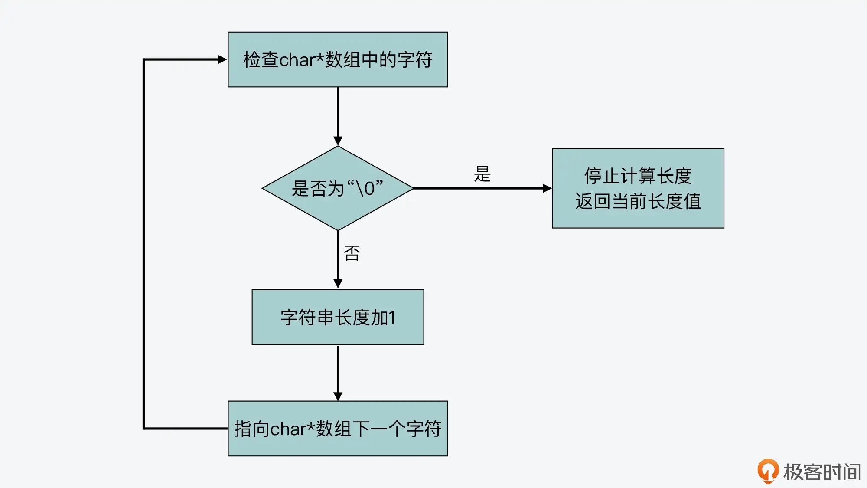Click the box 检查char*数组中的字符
coord(338,59)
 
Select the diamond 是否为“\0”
coord(338,188)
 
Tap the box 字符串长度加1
coord(338,317)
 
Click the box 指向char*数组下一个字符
coord(338,429)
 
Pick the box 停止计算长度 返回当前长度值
coord(638,188)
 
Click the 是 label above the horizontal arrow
coord(482,174)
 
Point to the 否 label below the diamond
coord(352,253)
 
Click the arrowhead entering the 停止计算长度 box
coord(547,188)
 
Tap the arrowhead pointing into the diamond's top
coord(338,141)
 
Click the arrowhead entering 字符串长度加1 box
coord(338,284)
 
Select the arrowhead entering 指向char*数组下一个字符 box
coord(338,396)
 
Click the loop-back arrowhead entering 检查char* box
coord(222,59)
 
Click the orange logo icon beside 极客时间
coord(768,471)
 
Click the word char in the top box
coord(297,60)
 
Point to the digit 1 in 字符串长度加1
coord(392,318)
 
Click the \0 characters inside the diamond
coord(365,189)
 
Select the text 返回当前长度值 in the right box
coord(638,201)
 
